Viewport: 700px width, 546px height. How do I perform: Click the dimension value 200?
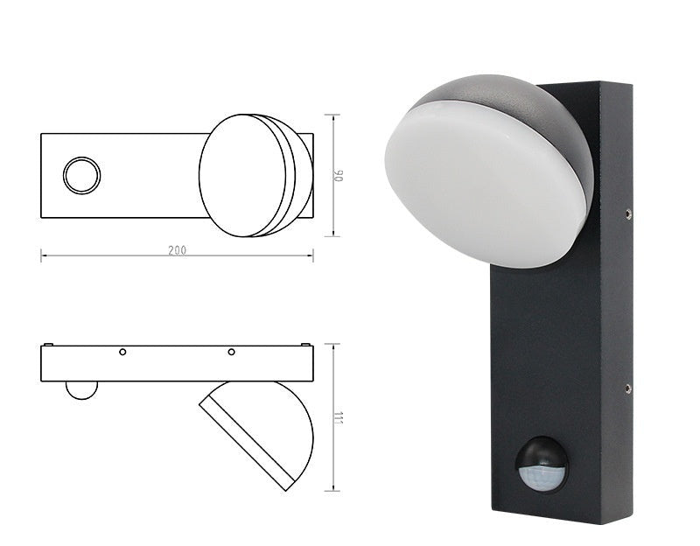coord(177,250)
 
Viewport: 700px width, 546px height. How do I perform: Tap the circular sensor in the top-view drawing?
coord(81,175)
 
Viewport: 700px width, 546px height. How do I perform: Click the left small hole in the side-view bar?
coord(122,352)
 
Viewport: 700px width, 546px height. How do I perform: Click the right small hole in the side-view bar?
coord(231,352)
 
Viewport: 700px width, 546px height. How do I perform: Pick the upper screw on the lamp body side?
coord(628,211)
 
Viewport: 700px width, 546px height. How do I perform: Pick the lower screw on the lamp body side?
coord(628,388)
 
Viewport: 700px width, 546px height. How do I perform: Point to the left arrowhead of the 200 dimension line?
coord(44,256)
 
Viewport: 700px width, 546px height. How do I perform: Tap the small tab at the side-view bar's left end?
coord(49,344)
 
